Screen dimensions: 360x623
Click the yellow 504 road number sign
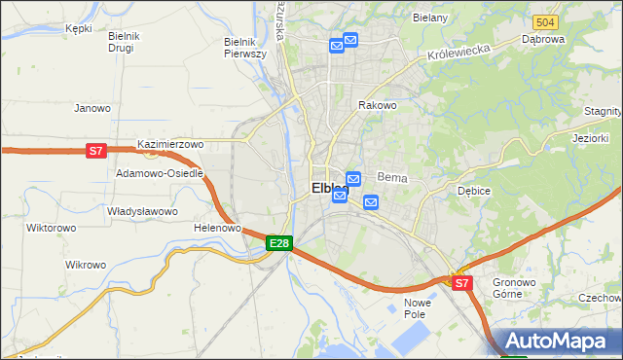pyautogui.click(x=546, y=21)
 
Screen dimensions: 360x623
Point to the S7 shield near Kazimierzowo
pyautogui.click(x=95, y=151)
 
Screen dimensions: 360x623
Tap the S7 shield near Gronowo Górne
pyautogui.click(x=461, y=283)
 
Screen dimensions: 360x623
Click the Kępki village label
pyautogui.click(x=78, y=29)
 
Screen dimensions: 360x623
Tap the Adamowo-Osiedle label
pyautogui.click(x=160, y=173)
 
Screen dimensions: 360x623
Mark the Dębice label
pyautogui.click(x=474, y=191)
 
